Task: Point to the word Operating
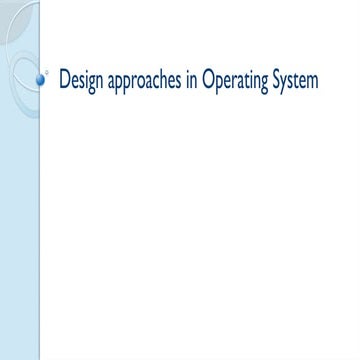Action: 236,81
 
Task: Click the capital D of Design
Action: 65,79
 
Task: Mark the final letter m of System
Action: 314,81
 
